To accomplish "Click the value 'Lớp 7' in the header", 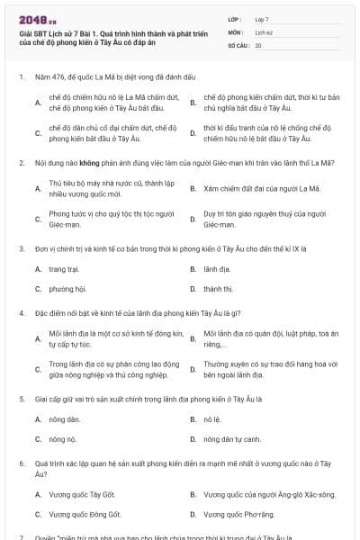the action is pos(261,19).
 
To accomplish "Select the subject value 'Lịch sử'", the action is pos(264,31).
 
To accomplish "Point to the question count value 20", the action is pos(258,45).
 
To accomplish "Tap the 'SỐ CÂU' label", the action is pos(238,45).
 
